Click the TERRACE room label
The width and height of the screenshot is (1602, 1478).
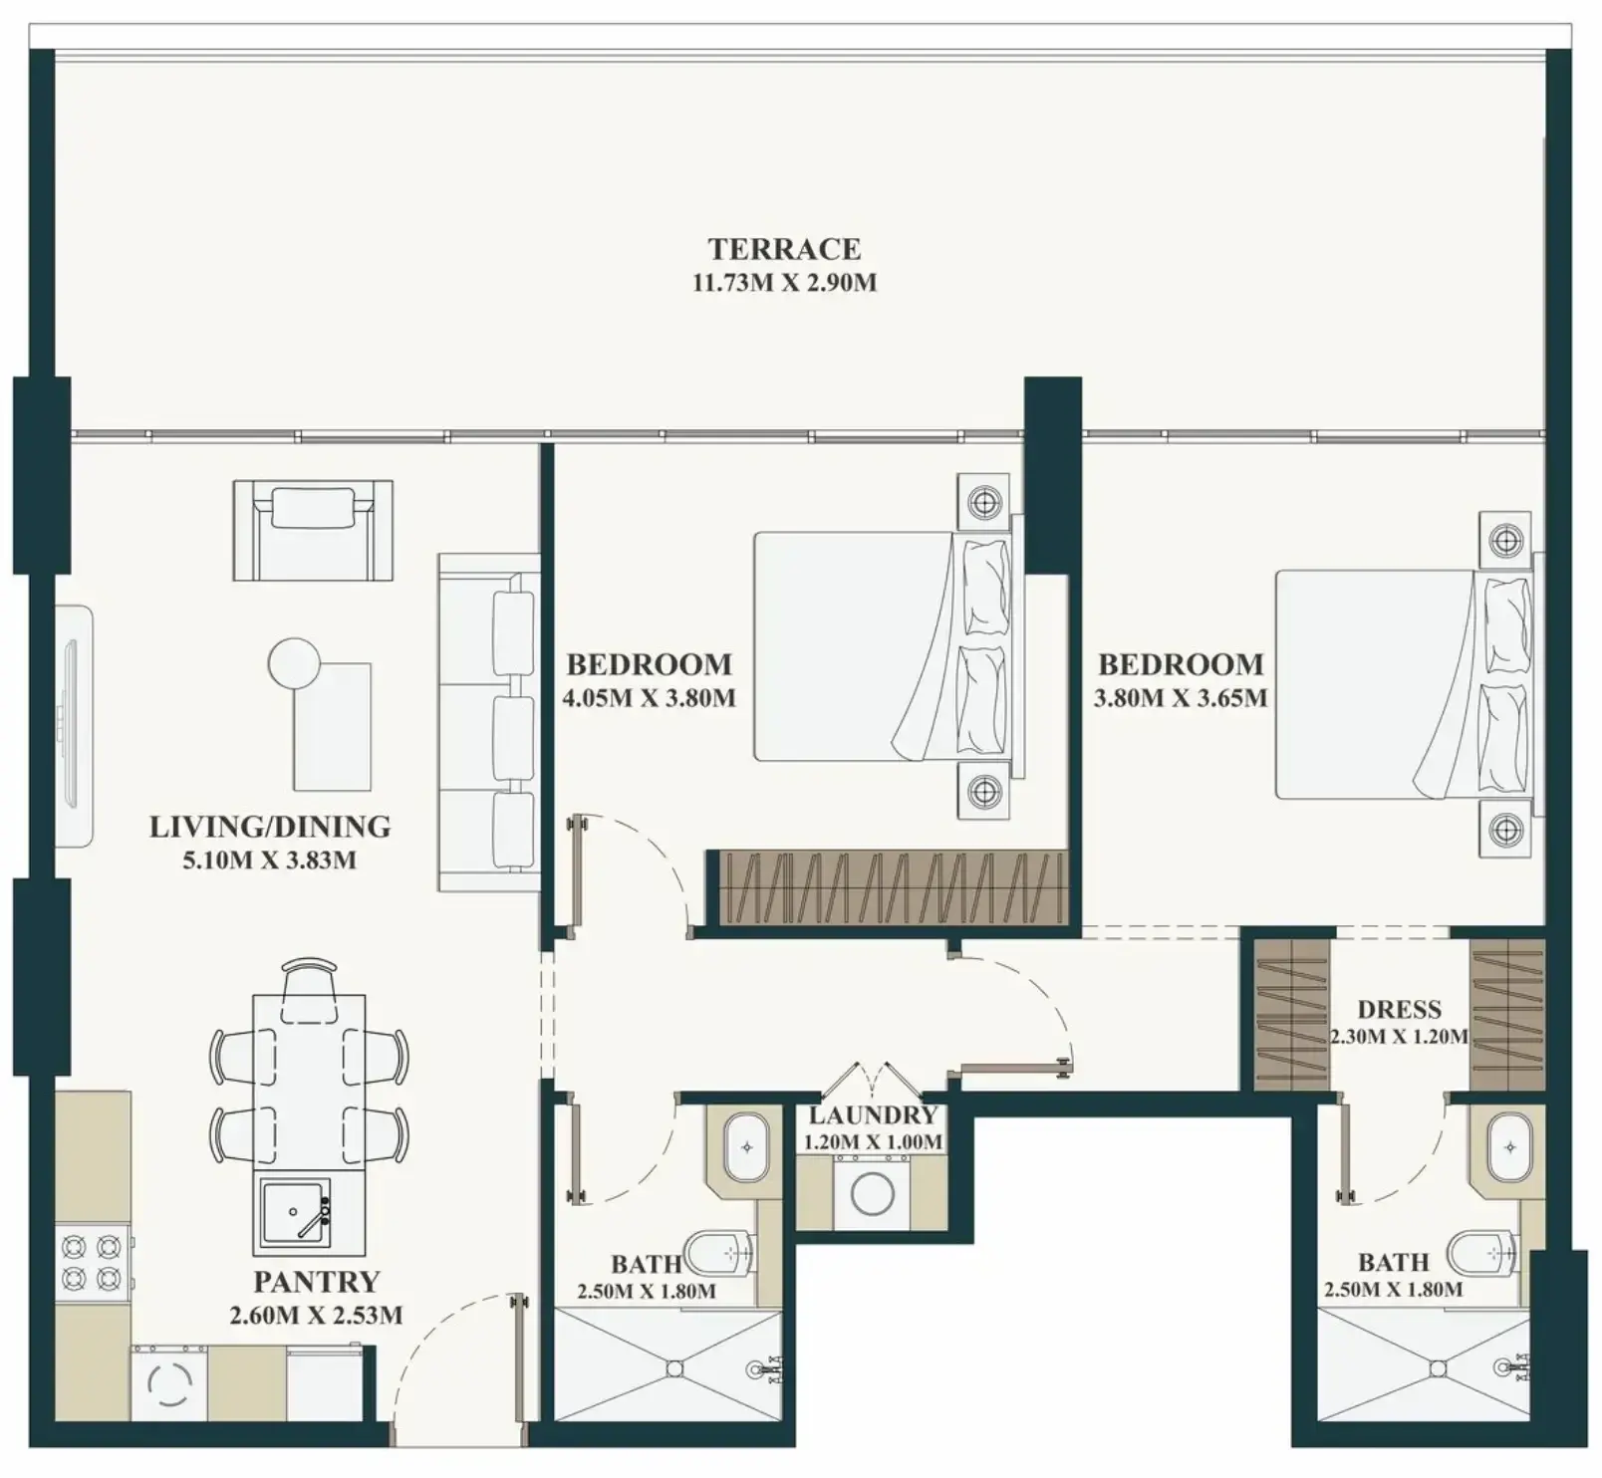tap(784, 249)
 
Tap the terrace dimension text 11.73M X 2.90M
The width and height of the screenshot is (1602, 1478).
tap(784, 283)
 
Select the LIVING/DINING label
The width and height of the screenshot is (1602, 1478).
tap(270, 827)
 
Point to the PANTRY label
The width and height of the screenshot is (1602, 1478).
tap(317, 1282)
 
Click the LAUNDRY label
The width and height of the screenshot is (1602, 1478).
tap(873, 1116)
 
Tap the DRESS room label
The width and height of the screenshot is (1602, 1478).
tap(1399, 1010)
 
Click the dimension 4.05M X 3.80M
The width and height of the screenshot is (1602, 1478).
tap(649, 698)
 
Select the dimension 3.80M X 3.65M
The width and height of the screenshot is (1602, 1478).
tap(1181, 698)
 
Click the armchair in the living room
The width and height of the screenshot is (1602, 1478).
tap(313, 530)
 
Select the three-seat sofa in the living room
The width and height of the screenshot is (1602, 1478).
tap(488, 722)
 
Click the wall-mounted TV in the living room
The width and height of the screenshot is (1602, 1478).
tap(74, 726)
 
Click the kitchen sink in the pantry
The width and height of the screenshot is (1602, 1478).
tap(295, 1212)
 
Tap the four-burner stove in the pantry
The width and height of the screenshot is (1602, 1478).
tap(94, 1263)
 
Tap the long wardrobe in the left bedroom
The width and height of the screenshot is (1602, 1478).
tap(893, 887)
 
